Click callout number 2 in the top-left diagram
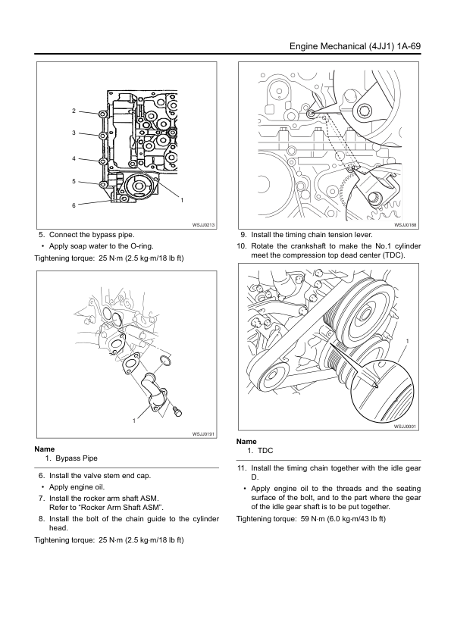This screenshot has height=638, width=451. [74, 111]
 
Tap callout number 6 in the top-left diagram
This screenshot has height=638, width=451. [74, 205]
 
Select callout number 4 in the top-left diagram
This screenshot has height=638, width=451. [74, 158]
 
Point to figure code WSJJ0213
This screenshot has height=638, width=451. [203, 224]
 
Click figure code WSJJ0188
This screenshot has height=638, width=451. [405, 224]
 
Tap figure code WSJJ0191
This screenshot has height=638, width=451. [203, 434]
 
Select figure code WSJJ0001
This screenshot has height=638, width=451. [405, 426]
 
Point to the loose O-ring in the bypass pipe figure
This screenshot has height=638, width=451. [165, 360]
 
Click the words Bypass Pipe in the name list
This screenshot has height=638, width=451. [77, 458]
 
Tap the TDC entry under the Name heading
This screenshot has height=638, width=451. [265, 450]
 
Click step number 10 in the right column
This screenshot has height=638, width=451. [242, 246]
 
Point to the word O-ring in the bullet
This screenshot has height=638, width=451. [141, 246]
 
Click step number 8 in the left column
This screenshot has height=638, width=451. [41, 519]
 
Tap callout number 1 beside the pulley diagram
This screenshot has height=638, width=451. [408, 341]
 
